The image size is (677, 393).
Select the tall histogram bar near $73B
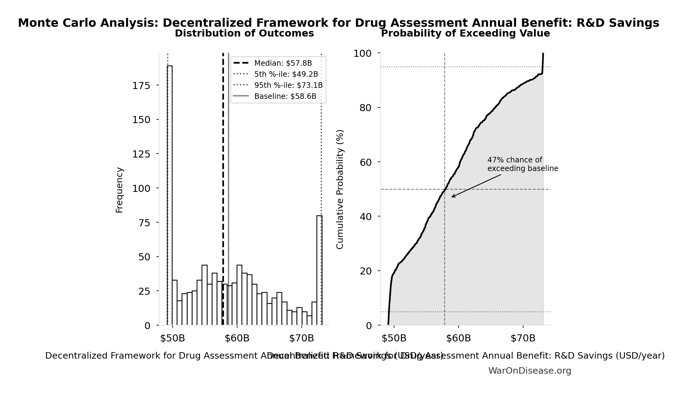click(x=319, y=270)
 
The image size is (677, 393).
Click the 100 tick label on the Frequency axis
click(x=141, y=189)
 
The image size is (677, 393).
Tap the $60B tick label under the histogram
click(x=237, y=338)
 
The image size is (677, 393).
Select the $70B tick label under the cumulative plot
click(x=523, y=338)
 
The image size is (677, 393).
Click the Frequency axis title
click(x=119, y=190)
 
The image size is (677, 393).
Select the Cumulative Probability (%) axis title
click(x=340, y=189)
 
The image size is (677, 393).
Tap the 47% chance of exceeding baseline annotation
click(x=522, y=164)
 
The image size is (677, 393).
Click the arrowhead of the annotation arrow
click(x=452, y=197)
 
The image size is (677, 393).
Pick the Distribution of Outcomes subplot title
click(x=244, y=33)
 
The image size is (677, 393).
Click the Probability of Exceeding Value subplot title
click(x=465, y=33)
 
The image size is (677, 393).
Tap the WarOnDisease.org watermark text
click(x=530, y=371)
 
